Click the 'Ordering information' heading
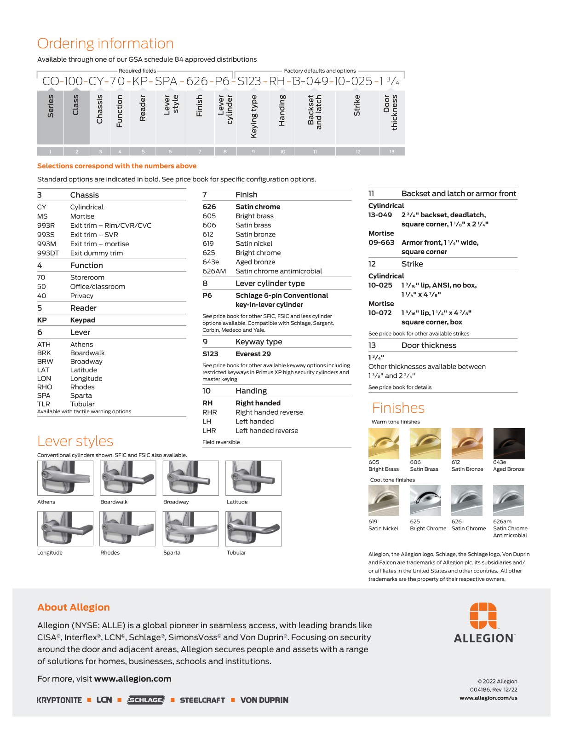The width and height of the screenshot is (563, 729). pos(105,44)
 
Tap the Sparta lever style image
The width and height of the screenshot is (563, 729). pos(190,528)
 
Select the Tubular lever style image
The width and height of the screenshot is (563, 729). pos(253,528)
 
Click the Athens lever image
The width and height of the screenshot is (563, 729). pos(65,478)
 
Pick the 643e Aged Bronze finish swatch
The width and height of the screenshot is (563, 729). pos(509,444)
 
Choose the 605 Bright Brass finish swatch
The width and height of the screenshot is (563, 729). pos(384,444)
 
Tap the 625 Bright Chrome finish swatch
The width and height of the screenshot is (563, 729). pos(425,500)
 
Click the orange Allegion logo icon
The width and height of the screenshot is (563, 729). pos(483,616)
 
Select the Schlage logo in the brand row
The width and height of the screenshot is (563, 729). pos(146,700)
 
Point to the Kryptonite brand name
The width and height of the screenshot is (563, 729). pos(59,700)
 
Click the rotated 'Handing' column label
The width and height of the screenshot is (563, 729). pos(282,110)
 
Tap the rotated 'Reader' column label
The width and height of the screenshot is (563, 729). pos(143,109)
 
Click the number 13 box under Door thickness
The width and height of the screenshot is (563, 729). pos(392,151)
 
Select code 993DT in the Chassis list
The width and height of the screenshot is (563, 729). pos(48,253)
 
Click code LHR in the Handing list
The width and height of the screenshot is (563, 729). pos(209,431)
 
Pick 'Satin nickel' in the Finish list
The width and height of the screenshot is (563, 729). pos(254,243)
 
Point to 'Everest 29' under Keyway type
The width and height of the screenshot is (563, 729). pos(253,354)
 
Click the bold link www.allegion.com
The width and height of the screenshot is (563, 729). pos(132,679)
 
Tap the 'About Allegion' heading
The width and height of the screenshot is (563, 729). pos(74,607)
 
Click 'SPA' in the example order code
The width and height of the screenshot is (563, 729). pos(166,81)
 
